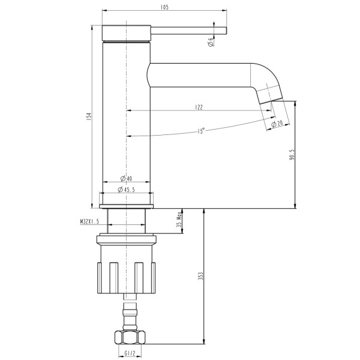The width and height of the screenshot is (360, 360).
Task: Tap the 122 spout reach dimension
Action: point(199,107)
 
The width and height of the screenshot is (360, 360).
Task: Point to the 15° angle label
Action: point(200,131)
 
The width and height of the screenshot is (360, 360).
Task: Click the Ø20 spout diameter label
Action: point(277,124)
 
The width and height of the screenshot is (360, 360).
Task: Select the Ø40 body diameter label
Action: point(127,179)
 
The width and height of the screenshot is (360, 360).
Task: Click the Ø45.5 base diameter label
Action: point(127,190)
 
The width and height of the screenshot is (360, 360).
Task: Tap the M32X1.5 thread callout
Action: point(89,221)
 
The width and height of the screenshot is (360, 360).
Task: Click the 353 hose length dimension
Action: point(201,276)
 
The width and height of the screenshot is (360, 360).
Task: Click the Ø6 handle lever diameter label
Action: point(211,41)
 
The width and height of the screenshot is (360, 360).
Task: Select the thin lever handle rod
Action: point(189,31)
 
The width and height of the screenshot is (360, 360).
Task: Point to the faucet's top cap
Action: point(125,32)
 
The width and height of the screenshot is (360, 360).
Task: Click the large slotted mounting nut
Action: point(126,277)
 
